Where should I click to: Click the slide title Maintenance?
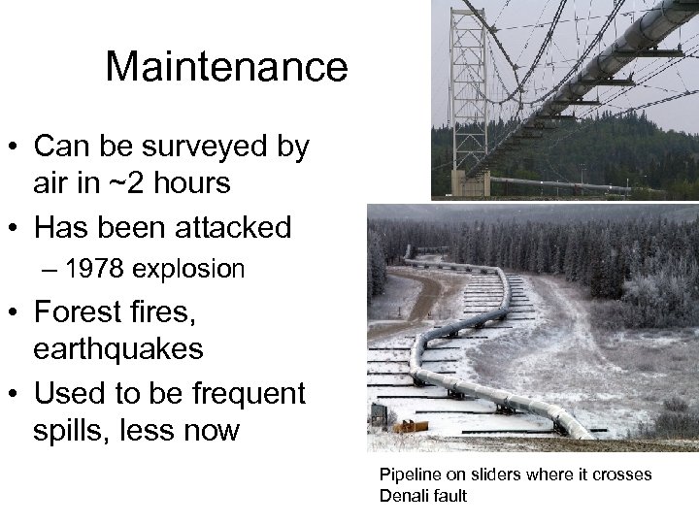(x=225, y=66)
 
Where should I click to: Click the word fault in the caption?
(x=449, y=496)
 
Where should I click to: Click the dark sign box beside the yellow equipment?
(x=380, y=418)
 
